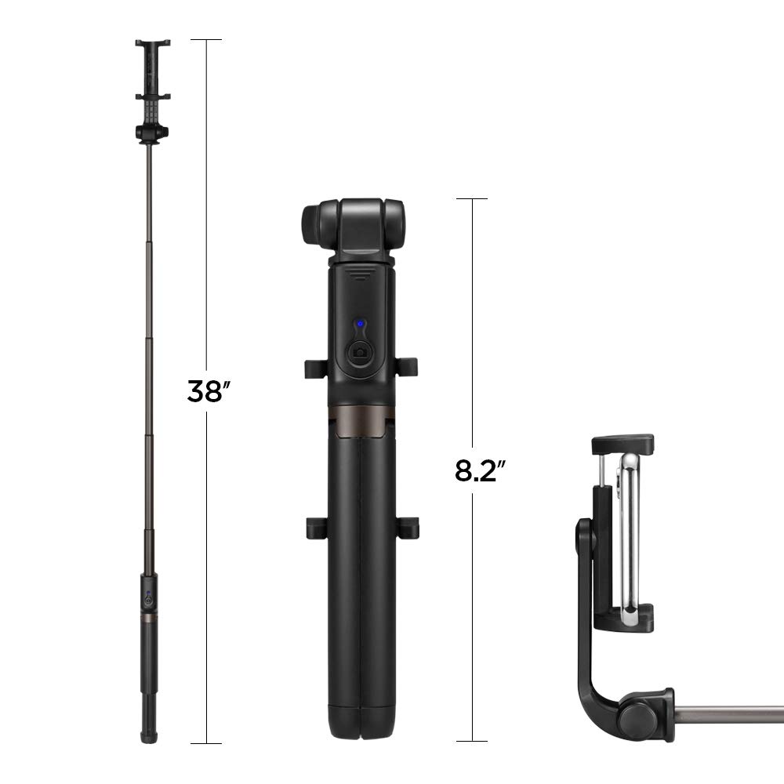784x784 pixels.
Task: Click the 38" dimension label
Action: (x=205, y=390)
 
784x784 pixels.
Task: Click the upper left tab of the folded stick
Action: (x=312, y=368)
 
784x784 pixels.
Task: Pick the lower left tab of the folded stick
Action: (x=312, y=527)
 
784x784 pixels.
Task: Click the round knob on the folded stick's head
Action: (x=310, y=223)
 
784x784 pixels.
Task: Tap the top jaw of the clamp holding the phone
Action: (x=623, y=445)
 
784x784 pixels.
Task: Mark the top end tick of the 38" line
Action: (x=205, y=39)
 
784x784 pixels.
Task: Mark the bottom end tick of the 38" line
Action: (x=205, y=742)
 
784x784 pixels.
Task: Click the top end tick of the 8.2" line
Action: (x=472, y=198)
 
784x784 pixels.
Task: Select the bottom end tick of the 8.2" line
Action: (x=472, y=741)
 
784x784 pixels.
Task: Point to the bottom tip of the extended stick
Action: (x=147, y=737)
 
